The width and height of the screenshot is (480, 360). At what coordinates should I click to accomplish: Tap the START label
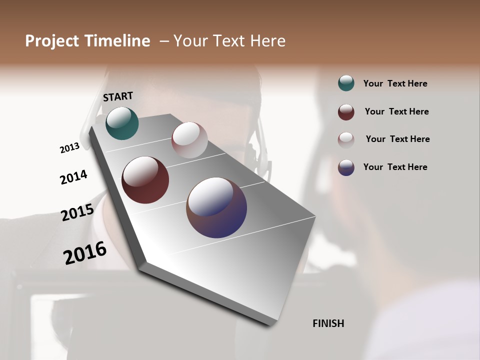[x=118, y=96]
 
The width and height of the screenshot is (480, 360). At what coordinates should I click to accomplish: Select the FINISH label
[x=328, y=323]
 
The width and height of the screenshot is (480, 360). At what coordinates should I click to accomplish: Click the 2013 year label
[x=69, y=148]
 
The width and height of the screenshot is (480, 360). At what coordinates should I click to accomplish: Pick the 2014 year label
[x=73, y=177]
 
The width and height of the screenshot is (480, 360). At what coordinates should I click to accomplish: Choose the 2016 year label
[x=85, y=253]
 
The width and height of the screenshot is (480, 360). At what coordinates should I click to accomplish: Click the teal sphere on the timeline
[x=122, y=123]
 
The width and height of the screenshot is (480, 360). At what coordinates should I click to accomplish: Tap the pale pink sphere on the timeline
[x=189, y=140]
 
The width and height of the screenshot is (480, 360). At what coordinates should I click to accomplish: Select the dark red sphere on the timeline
[x=145, y=180]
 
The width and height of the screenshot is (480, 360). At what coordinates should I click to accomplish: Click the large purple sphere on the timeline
[x=216, y=207]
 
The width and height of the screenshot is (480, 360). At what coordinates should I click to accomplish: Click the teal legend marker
[x=346, y=83]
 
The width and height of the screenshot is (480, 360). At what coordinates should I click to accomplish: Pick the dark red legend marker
[x=346, y=112]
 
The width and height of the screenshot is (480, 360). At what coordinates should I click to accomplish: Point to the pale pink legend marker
[x=346, y=140]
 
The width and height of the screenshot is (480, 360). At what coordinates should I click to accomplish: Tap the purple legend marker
[x=346, y=167]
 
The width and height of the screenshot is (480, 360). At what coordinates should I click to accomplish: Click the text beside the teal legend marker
[x=395, y=84]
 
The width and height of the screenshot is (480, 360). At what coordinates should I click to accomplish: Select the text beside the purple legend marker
[x=395, y=167]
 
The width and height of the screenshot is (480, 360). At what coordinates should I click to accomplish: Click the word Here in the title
[x=267, y=41]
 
